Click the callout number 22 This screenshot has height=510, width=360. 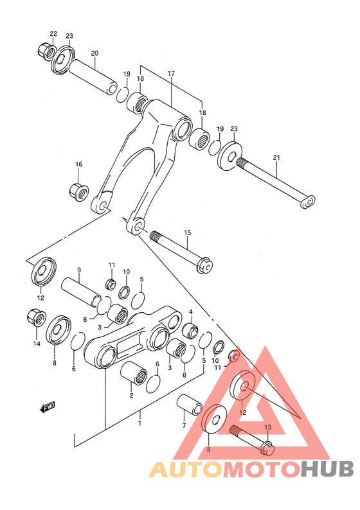(x=53, y=34)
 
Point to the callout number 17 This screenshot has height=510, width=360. (x=172, y=74)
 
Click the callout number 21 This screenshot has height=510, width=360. (x=276, y=157)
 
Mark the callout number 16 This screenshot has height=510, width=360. (x=78, y=164)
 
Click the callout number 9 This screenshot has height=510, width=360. (x=79, y=270)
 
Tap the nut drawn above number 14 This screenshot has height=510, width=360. (x=35, y=317)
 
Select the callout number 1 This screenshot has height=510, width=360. (x=140, y=423)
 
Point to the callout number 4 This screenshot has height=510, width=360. (x=191, y=313)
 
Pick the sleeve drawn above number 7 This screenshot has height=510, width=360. (x=190, y=404)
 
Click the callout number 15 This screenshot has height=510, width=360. (x=188, y=232)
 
